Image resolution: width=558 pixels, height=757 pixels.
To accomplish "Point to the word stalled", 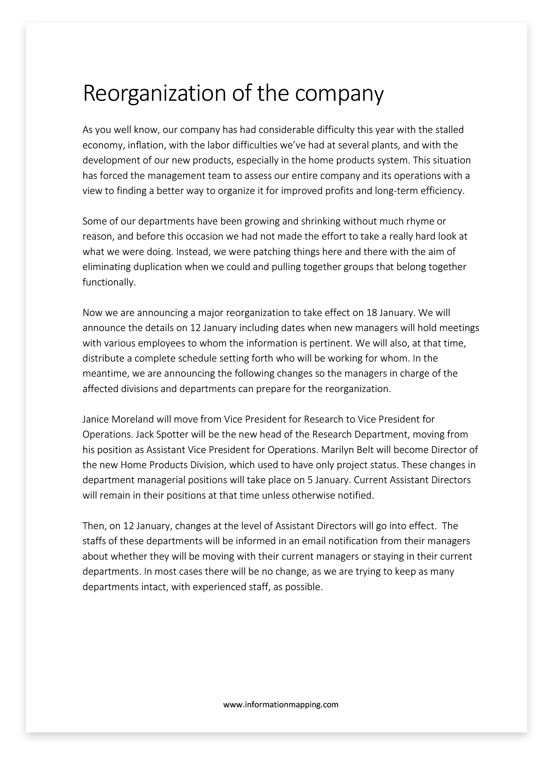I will (449, 130).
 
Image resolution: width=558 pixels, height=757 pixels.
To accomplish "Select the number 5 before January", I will (310, 480).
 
